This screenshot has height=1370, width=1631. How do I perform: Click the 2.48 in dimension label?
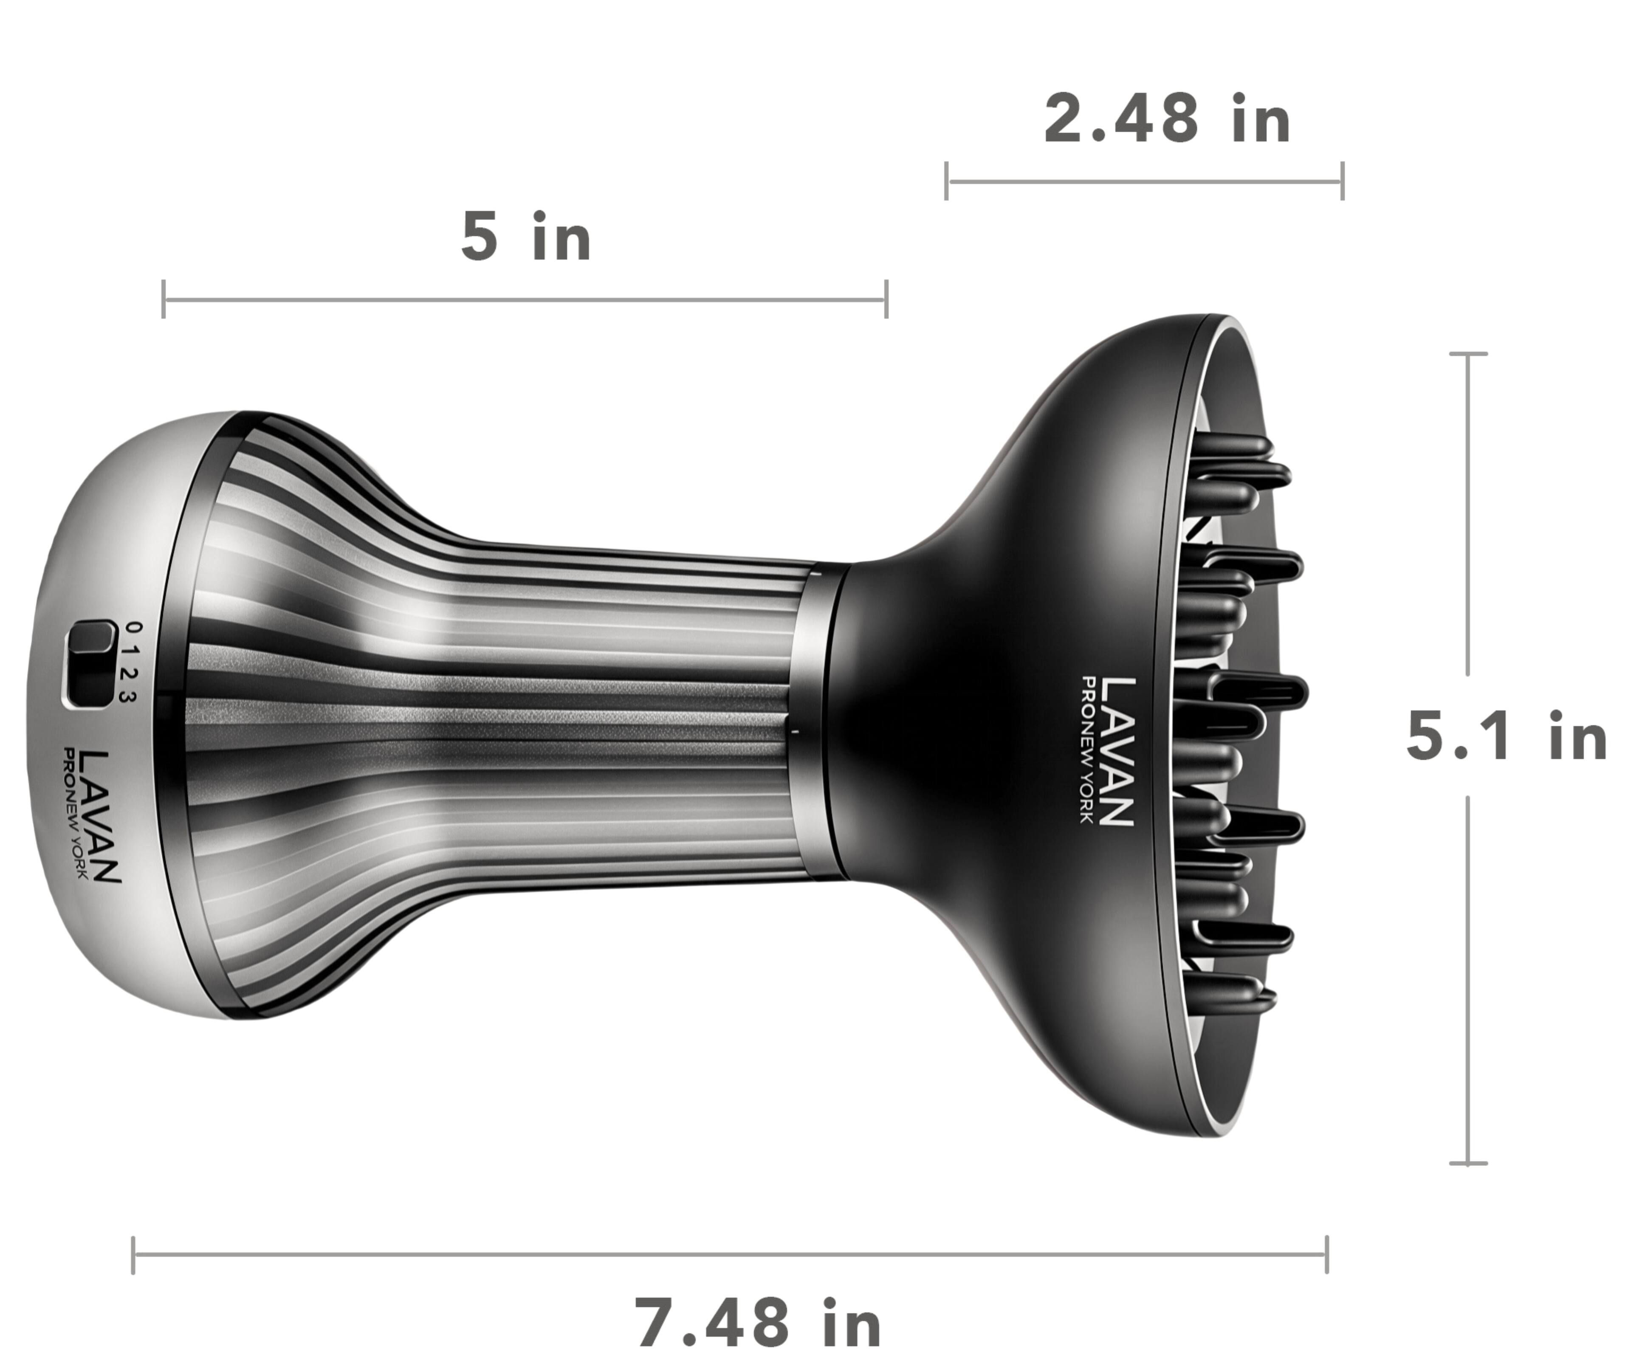pyautogui.click(x=1167, y=120)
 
